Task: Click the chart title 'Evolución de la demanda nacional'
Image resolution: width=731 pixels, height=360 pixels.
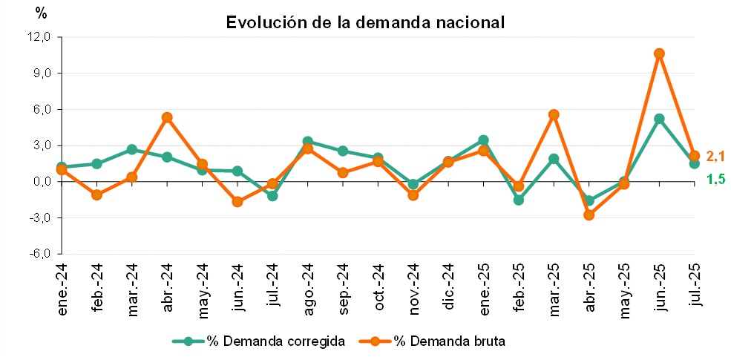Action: tap(365, 22)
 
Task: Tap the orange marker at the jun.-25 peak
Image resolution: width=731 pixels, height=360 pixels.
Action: tap(659, 53)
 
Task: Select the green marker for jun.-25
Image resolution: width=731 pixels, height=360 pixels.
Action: tap(659, 119)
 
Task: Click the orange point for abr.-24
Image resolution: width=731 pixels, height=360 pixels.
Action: tap(167, 117)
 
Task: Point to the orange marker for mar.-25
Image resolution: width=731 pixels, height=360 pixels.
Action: tap(554, 115)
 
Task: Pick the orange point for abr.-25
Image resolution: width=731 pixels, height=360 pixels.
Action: tap(589, 215)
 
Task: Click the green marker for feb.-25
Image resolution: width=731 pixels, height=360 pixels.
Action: tap(519, 200)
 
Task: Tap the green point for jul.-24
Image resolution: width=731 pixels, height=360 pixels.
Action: tap(272, 196)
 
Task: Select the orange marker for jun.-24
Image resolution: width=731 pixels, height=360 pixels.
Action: tap(237, 202)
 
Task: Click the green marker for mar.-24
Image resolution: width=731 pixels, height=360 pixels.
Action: tap(132, 150)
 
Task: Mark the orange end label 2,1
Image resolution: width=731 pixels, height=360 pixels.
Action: tap(715, 157)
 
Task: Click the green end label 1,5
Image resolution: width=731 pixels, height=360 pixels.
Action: tap(715, 179)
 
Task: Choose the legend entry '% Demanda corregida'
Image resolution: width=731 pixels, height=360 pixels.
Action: tap(259, 341)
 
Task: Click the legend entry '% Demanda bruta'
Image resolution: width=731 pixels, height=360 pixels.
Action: tap(432, 341)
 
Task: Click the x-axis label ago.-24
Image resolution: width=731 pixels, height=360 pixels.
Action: tap(309, 288)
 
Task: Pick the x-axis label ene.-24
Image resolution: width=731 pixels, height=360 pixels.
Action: tap(63, 288)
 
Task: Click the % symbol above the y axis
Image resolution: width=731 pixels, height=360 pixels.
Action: tap(42, 14)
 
